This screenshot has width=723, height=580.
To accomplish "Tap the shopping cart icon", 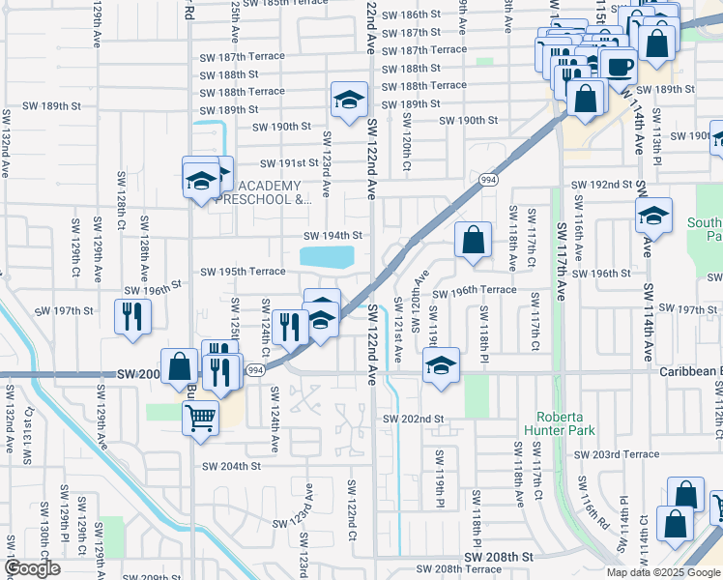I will point(200,418).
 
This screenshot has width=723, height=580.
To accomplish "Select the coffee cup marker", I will point(618,67).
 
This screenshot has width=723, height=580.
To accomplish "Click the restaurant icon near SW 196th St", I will point(131,315).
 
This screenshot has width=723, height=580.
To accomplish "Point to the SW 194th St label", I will point(333,236).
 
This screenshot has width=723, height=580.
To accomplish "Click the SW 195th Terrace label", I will point(243,272).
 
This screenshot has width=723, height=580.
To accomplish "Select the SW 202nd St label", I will point(413,419).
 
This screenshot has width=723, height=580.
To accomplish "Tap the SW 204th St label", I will point(232,465).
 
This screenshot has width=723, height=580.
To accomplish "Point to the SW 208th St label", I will point(499,558).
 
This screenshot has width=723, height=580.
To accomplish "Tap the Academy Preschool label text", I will point(275,193).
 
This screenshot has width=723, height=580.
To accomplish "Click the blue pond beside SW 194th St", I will point(328,257).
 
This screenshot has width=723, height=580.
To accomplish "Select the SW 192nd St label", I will point(601,184).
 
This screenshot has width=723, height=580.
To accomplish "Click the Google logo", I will point(32,568).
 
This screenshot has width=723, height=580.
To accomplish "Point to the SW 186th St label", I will point(411,14).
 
